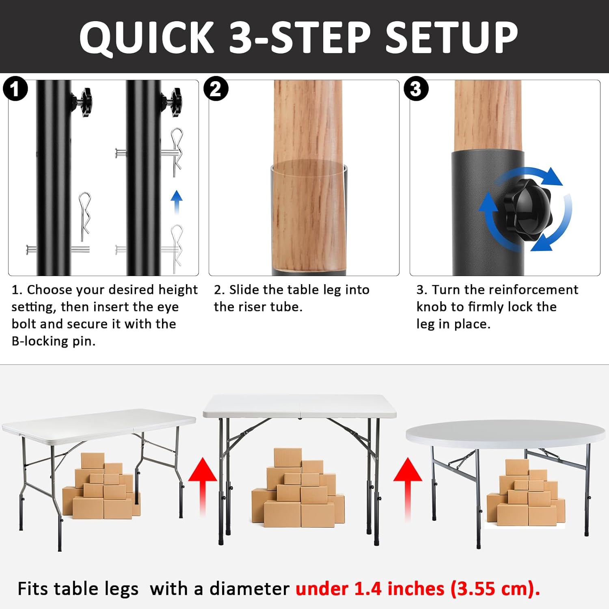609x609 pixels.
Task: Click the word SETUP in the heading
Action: tap(451, 37)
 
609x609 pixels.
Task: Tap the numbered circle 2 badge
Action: tap(216, 89)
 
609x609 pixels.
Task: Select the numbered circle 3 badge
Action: tap(416, 89)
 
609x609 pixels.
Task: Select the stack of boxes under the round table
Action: tap(526, 494)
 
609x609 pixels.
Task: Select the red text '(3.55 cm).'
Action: tap(495, 589)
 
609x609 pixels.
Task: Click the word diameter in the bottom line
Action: tap(249, 589)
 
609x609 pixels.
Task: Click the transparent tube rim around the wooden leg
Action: tap(309, 167)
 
